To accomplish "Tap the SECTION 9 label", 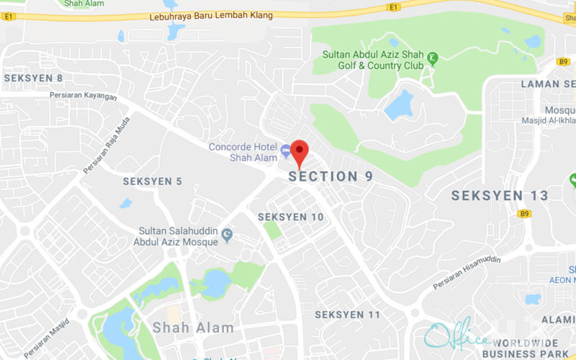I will tap(331, 176).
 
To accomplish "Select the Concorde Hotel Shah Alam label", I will tap(242, 152).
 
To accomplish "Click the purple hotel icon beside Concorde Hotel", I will tap(286, 150).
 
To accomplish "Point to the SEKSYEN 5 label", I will tap(152, 181).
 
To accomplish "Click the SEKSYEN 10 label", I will tap(291, 217).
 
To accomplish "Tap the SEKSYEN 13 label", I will tap(500, 195).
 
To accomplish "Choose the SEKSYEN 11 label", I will tap(348, 315).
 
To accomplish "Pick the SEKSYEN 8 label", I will tap(33, 78).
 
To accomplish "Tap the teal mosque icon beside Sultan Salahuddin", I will tap(228, 233).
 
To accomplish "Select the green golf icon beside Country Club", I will tap(432, 58).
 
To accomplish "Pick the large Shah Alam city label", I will tap(193, 328).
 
